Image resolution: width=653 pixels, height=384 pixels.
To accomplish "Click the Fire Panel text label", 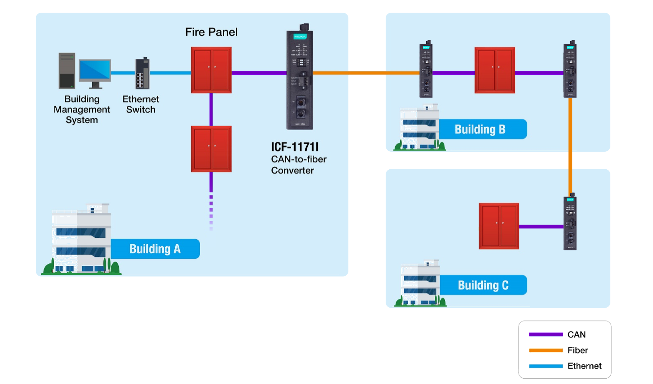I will click(x=211, y=32).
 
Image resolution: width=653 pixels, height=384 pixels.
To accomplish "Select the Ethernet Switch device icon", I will click(x=142, y=74).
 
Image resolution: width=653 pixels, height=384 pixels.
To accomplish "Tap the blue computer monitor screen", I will click(x=95, y=70).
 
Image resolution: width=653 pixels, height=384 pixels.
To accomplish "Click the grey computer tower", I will click(x=67, y=71).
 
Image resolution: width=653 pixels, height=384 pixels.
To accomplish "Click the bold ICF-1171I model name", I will click(x=295, y=147).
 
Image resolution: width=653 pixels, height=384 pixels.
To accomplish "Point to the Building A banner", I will click(x=155, y=249).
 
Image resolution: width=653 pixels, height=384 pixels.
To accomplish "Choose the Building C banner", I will click(x=483, y=285).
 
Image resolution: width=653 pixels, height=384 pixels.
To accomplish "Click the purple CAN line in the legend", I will click(x=546, y=334).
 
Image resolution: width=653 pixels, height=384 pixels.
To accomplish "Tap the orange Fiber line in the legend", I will click(x=546, y=350).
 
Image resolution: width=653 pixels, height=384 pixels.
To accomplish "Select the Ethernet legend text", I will click(x=584, y=366).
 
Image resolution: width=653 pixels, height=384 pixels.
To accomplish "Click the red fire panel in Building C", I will click(x=499, y=226).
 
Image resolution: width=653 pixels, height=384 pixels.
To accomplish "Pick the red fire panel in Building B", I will click(x=495, y=70).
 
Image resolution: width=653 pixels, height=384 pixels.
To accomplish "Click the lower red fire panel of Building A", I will click(x=211, y=149).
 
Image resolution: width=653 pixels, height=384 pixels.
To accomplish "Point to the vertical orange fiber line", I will click(x=570, y=146).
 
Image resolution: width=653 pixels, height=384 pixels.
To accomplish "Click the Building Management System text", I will click(x=82, y=109).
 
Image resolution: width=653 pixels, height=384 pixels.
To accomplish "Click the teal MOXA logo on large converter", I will click(x=300, y=36).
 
